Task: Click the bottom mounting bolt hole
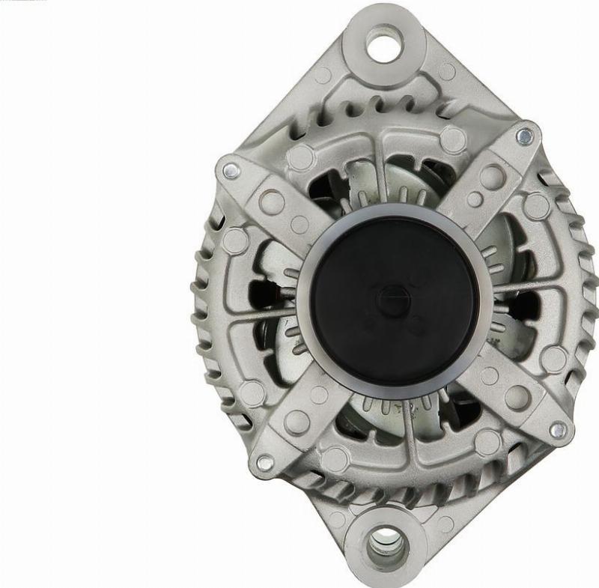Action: [x=386, y=539]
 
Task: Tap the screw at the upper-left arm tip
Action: [x=229, y=170]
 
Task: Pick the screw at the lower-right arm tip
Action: [x=557, y=430]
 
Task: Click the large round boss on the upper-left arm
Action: [x=270, y=201]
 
